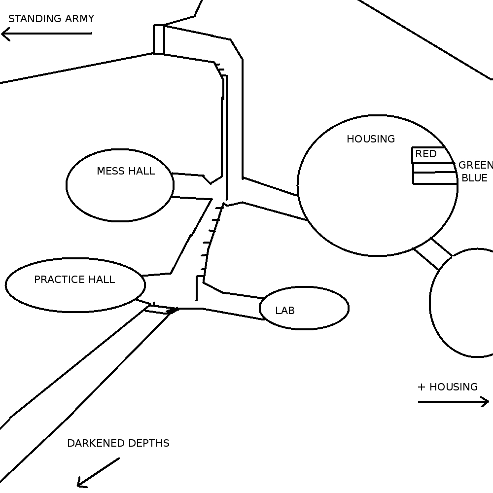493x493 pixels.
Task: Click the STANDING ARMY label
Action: (x=51, y=19)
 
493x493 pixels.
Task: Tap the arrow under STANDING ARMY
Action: (x=46, y=34)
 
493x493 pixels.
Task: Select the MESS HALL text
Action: (x=126, y=171)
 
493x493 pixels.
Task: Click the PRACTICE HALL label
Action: (x=74, y=280)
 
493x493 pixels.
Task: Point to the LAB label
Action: (x=285, y=311)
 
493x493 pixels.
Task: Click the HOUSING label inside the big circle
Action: (x=371, y=139)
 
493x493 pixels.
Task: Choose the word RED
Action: (x=426, y=154)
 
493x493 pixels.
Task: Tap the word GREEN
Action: (x=476, y=165)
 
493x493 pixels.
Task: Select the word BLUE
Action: (x=475, y=178)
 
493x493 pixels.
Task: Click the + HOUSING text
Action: (x=448, y=387)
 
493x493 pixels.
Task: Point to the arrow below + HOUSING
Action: (x=454, y=401)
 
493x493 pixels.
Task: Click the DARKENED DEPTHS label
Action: (x=118, y=443)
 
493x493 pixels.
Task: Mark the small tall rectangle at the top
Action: (x=159, y=39)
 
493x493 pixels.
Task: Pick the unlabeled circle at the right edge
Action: (x=430, y=303)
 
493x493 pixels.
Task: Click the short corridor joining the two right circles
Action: (x=433, y=254)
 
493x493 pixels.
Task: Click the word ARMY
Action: (x=79, y=19)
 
